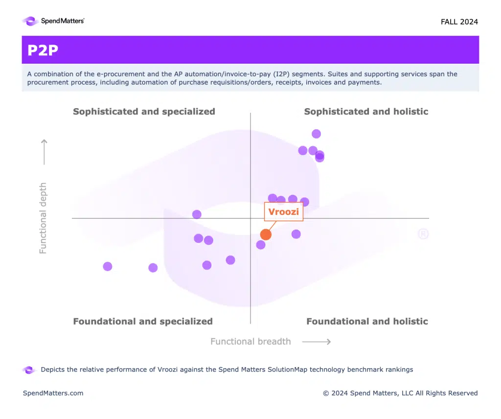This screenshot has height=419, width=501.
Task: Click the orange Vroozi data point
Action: (266, 234)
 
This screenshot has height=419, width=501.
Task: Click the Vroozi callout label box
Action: (284, 212)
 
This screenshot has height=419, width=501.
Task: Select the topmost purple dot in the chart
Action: (316, 134)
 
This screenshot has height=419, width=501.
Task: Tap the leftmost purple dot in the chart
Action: (108, 266)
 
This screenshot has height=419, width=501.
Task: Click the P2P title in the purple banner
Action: (43, 50)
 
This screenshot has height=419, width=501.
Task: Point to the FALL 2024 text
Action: (459, 22)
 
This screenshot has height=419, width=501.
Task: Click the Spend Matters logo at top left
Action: (53, 21)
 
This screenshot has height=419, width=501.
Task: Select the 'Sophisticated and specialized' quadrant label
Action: (144, 112)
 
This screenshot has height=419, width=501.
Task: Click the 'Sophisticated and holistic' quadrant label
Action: (366, 112)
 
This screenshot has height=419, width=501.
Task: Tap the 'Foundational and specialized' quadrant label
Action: (143, 322)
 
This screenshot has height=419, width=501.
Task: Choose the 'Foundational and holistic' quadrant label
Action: (367, 322)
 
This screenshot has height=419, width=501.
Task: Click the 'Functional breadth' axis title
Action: (250, 342)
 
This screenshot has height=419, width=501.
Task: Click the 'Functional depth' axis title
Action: (43, 218)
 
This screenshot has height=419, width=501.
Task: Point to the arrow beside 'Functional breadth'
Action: (317, 342)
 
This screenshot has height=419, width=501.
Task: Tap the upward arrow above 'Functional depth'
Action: (44, 152)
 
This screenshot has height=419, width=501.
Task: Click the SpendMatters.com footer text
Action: (53, 393)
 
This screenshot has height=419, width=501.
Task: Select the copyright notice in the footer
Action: (400, 393)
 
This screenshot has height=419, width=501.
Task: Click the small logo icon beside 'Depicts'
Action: (29, 370)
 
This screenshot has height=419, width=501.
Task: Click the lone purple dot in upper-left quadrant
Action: (197, 214)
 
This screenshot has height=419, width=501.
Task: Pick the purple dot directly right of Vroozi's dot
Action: (296, 234)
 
